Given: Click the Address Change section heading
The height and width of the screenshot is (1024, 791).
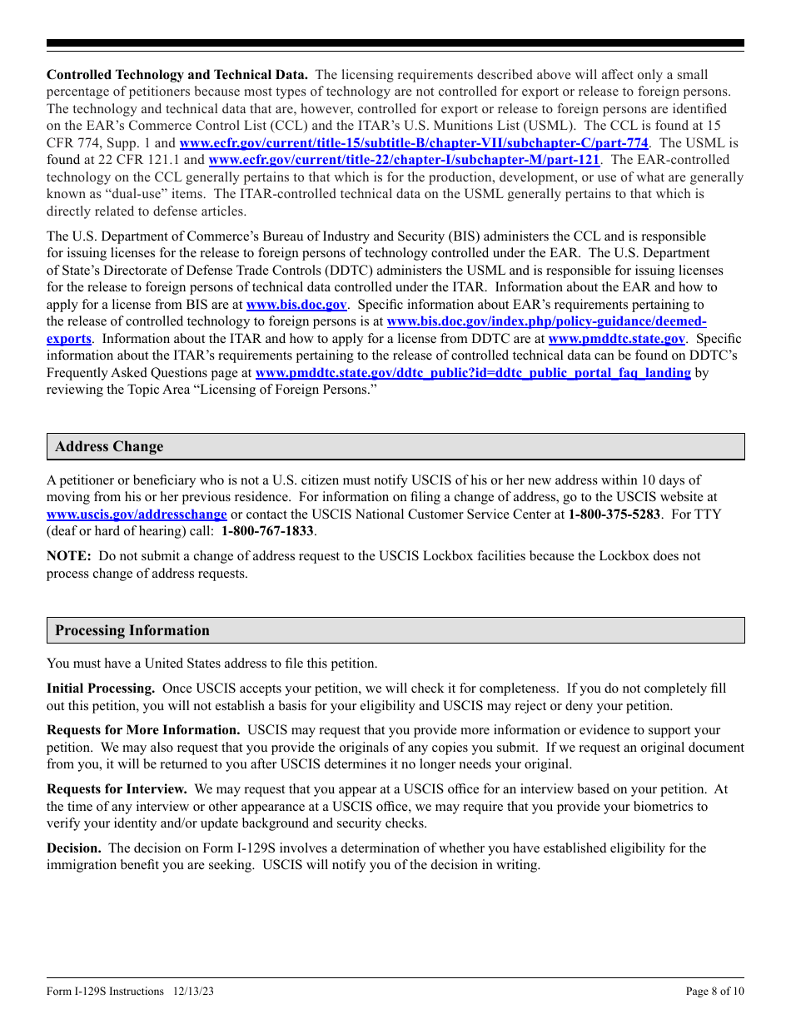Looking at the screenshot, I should tap(109, 447).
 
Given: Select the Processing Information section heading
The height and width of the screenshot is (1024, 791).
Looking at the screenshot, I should tap(132, 631).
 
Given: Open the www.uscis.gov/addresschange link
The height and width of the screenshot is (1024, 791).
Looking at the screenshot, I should tap(137, 514).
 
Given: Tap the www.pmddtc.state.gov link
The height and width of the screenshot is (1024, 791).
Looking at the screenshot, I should tap(616, 339).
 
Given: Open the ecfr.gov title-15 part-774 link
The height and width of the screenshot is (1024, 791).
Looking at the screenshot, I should tap(414, 143).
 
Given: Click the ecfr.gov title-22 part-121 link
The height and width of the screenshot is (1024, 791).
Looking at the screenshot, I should tap(404, 160).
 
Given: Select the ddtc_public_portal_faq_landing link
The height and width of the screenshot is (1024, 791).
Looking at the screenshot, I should tap(472, 373).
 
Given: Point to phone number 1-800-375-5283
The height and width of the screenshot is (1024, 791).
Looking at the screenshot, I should tap(614, 514).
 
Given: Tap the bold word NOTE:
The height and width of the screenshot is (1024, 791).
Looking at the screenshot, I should tap(68, 556).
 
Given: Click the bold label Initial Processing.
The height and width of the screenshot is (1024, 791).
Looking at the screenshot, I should tap(101, 688).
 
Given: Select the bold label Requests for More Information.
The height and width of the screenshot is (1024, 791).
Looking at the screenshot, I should tap(143, 730).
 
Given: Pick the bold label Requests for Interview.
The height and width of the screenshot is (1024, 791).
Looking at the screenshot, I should tap(117, 789).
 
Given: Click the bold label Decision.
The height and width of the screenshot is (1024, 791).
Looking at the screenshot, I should tap(74, 848).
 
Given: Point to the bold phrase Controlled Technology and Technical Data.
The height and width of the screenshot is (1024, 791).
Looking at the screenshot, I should tap(177, 75).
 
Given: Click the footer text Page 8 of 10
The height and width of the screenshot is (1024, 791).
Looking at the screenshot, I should tap(714, 991).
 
